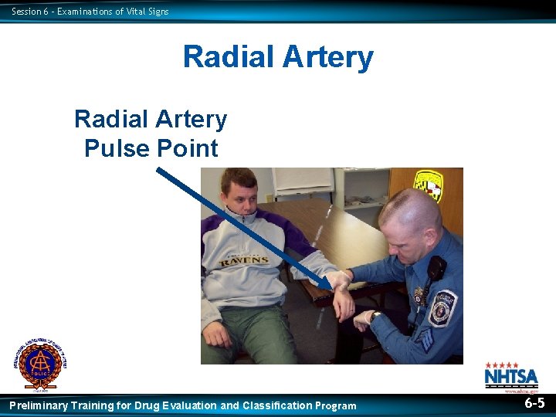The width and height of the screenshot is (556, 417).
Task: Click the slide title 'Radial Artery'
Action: tap(278, 57)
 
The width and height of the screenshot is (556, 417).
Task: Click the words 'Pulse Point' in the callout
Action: tap(151, 147)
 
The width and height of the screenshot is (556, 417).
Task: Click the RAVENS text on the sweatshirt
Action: tap(241, 260)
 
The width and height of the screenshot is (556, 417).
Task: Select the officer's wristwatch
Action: tap(374, 316)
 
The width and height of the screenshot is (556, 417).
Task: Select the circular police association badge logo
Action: tap(39, 364)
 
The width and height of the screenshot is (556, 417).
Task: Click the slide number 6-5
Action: tap(534, 403)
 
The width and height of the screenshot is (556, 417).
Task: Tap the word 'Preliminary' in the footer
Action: tap(39, 405)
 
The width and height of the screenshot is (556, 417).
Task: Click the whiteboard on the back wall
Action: tap(303, 180)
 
